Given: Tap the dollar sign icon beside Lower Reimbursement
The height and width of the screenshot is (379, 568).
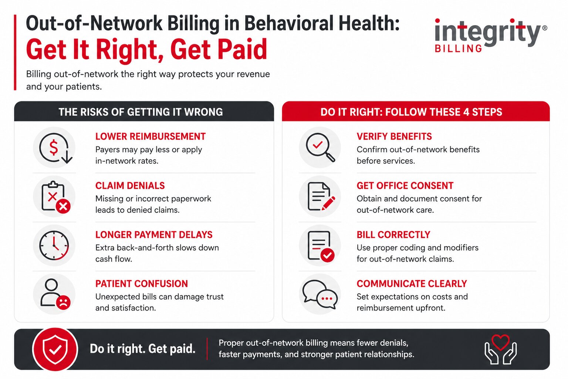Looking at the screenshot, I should coord(54,148).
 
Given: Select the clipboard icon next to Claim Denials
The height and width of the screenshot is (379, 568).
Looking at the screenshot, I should coord(55,197).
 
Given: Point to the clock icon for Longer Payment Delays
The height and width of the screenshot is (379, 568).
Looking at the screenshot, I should coord(54,245).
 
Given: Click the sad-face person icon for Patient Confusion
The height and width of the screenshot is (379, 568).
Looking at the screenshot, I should coord(55,294).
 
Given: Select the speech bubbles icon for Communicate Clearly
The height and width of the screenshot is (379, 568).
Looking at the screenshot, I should coord(320,294).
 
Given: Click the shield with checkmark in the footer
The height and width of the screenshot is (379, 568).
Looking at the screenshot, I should coord(55,349).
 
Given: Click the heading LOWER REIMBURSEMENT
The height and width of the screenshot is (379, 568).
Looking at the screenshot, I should coord(150,137).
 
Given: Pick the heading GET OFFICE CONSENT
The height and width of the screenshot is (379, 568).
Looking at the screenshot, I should coord(405,185).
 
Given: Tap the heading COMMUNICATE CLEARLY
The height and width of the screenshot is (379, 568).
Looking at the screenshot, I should coord(412,284).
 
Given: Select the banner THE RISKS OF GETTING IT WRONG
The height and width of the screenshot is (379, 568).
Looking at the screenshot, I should coord(141,112).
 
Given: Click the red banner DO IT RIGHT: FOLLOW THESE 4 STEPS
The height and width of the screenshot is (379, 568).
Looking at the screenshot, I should coord(411,112).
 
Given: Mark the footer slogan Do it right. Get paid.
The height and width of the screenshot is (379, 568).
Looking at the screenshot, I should coord(142,349).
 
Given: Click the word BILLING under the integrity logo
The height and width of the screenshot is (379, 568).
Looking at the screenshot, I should coord(459,49).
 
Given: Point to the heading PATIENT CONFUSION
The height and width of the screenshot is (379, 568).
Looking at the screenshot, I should coord(141,284).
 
